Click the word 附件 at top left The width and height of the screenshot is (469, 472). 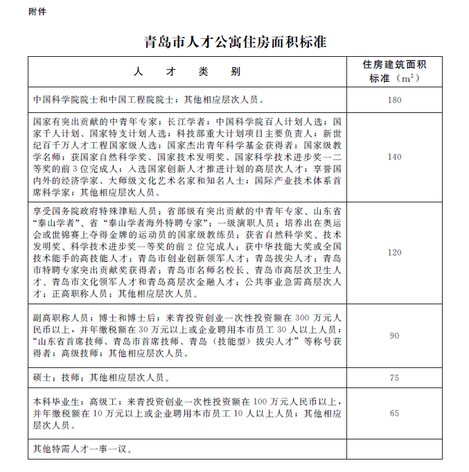(x=38, y=12)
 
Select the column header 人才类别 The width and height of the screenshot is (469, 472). (x=187, y=71)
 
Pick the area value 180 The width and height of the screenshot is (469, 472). (x=394, y=100)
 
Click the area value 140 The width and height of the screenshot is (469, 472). (x=394, y=157)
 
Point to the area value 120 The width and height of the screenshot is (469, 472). (x=394, y=252)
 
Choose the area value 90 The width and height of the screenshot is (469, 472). (x=394, y=335)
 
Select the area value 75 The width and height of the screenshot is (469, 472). (x=394, y=378)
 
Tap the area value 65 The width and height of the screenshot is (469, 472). (x=394, y=413)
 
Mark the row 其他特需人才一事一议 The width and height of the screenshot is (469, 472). (x=82, y=448)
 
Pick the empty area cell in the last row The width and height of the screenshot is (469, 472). (x=394, y=448)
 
